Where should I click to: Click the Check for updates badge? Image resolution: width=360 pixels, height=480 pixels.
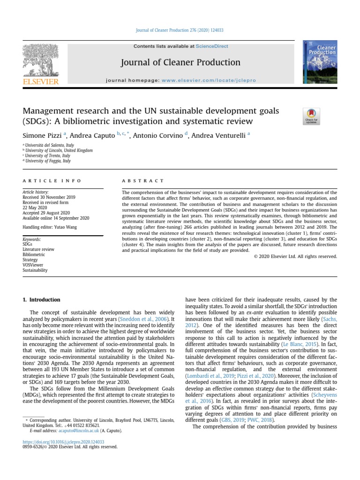(x=311, y=116)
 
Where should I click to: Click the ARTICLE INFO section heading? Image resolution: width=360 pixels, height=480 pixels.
(x=52, y=180)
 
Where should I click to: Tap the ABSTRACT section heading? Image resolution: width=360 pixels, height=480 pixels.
(x=143, y=180)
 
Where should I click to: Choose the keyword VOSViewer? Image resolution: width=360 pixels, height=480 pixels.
(x=33, y=264)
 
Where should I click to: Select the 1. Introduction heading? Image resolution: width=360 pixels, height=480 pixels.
(x=42, y=300)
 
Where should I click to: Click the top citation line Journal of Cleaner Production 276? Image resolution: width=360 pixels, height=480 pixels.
(x=180, y=30)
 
